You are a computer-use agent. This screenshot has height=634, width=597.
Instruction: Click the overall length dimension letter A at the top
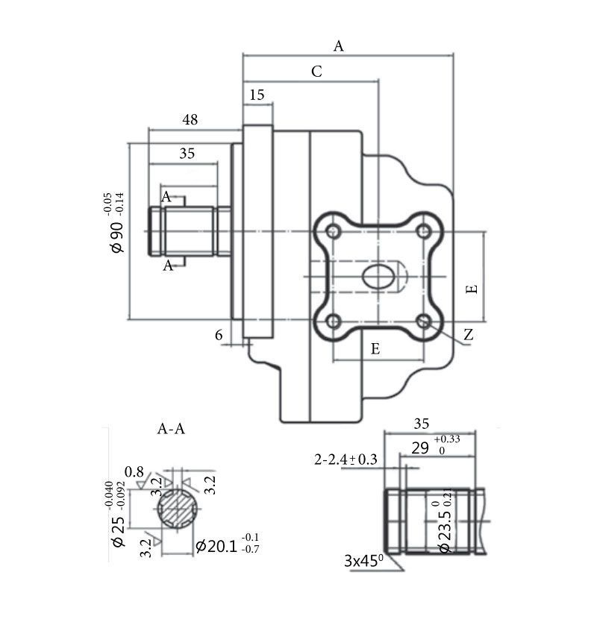(339, 46)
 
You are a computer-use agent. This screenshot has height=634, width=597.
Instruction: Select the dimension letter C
(316, 72)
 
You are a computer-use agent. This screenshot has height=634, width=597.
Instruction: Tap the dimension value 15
(257, 95)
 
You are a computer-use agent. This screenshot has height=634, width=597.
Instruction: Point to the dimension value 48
(190, 119)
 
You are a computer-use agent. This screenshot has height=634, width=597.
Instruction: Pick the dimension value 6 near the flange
(219, 336)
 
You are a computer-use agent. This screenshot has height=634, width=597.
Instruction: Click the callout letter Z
(468, 336)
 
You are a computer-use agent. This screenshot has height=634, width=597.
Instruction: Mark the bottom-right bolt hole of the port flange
(425, 321)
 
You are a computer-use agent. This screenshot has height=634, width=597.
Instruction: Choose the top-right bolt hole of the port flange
(425, 230)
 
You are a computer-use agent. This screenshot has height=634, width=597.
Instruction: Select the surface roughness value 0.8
(134, 471)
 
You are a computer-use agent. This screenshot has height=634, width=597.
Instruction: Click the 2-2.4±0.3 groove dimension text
(346, 459)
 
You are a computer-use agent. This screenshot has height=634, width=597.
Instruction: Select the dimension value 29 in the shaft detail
(420, 448)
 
